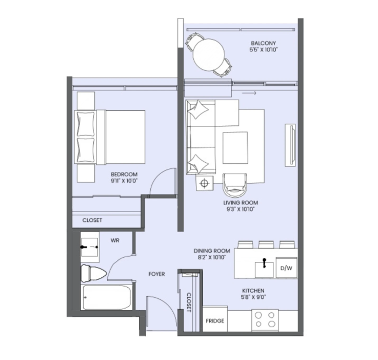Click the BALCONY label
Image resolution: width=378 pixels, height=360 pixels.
263,44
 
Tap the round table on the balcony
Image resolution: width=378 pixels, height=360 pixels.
209,55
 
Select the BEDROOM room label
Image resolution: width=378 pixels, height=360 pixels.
124,174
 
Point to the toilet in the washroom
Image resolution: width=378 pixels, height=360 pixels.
93,274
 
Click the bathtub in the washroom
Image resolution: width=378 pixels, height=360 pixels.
107,297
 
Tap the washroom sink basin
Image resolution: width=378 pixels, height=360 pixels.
90,247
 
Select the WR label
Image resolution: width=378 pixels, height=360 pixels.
115,241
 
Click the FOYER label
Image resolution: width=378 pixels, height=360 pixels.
157,274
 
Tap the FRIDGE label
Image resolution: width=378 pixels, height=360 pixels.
215,321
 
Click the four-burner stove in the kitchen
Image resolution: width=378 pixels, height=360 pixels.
265,320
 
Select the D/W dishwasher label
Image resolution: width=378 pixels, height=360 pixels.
286,268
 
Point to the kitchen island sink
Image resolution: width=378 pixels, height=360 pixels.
264,270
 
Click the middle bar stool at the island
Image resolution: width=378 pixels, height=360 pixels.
266,244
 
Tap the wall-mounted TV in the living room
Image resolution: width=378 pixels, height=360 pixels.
290,145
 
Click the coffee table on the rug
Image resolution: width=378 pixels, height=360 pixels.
235,148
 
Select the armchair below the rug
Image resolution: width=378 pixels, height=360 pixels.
235,185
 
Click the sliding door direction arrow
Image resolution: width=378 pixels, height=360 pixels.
249,93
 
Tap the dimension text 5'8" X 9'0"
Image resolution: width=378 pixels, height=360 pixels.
253,297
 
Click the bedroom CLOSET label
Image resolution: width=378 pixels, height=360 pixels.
92,220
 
